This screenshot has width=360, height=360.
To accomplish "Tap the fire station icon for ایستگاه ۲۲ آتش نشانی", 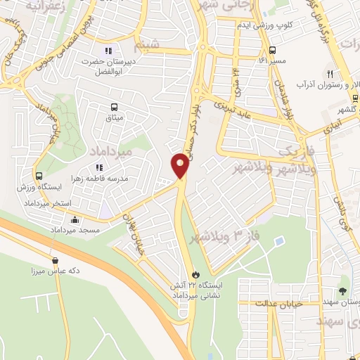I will pos(195,274).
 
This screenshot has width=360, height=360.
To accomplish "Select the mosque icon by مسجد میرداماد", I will pos(75,220).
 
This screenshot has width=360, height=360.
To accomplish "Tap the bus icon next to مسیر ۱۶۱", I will pos(272,49).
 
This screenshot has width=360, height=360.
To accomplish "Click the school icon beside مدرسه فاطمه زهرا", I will pos(99,167).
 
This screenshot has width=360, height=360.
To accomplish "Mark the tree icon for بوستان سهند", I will pos(342,290).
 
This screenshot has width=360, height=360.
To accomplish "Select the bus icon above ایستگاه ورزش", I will pos(39,176).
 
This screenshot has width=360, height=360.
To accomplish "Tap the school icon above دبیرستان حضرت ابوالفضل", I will pos(108,51).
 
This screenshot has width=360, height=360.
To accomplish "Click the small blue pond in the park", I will pos(280,242).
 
